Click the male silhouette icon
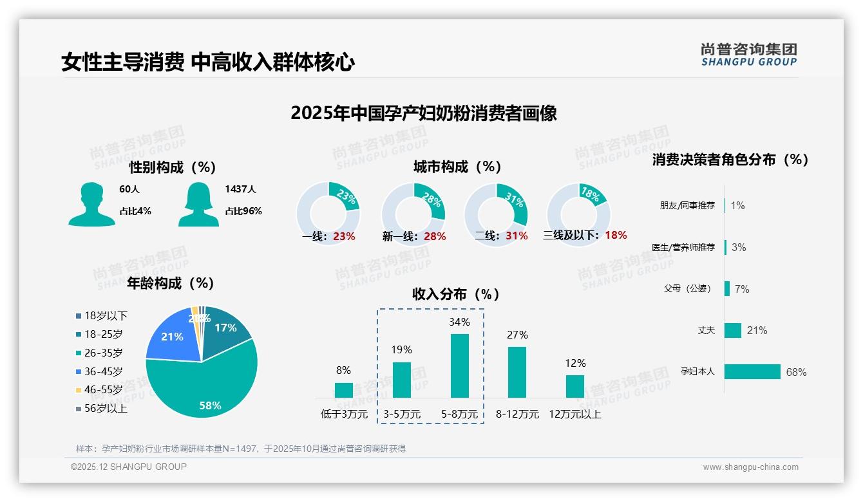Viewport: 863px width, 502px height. tap(91, 204)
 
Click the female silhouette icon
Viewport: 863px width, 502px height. tap(198, 204)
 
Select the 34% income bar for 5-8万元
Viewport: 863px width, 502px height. tap(459, 366)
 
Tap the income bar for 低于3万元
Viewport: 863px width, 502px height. tap(343, 390)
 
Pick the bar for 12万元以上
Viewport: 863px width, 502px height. tap(574, 386)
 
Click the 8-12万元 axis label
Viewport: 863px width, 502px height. tap(517, 414)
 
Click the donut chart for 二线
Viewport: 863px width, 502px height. tap(496, 214)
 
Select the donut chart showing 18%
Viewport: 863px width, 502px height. tap(578, 214)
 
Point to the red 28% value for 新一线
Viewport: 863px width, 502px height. tap(435, 236)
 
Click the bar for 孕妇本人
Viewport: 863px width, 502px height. tap(752, 371)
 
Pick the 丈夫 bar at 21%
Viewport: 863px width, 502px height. tap(733, 330)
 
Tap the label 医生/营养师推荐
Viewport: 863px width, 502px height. tap(687, 247)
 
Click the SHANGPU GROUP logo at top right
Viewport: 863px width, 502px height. tap(748, 55)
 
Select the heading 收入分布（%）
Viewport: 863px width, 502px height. tap(456, 294)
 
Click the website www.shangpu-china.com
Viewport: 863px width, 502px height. tap(750, 467)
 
